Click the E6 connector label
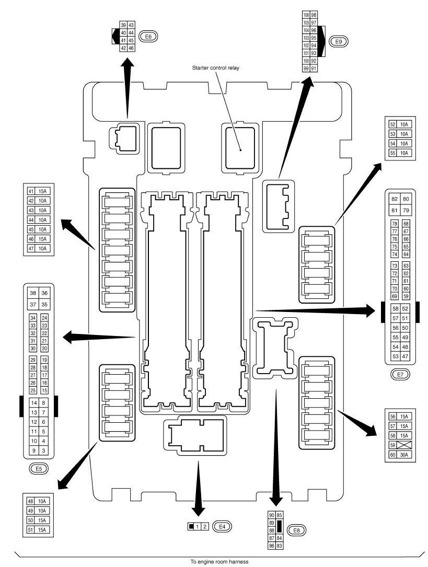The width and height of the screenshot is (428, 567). tap(149, 37)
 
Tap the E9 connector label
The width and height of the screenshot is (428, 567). tap(338, 42)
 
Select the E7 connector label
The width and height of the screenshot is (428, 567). tap(400, 374)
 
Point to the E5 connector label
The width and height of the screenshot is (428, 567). tap(39, 469)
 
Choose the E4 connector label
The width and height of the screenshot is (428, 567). tap(222, 527)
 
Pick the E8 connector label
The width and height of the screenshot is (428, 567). tap(296, 530)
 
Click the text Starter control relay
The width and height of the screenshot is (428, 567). tap(215, 67)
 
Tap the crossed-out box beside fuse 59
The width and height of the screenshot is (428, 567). tap(404, 445)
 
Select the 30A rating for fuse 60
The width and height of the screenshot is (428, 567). tap(404, 455)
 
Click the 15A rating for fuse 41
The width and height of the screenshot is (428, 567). tap(43, 191)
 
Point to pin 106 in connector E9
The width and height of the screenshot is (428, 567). tap(306, 15)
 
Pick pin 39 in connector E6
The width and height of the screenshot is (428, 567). tap(124, 25)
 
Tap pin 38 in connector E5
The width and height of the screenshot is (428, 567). tap(33, 293)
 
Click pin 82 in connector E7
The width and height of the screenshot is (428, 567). tap(395, 199)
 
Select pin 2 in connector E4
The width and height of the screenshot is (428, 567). tap(205, 527)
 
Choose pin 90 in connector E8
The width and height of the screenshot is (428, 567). tap(272, 515)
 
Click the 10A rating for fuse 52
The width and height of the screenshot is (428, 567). tap(404, 124)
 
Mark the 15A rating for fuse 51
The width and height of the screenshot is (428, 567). tap(42, 530)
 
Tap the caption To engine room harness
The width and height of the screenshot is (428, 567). tap(220, 562)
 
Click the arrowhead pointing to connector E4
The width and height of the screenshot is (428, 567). tap(198, 511)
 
